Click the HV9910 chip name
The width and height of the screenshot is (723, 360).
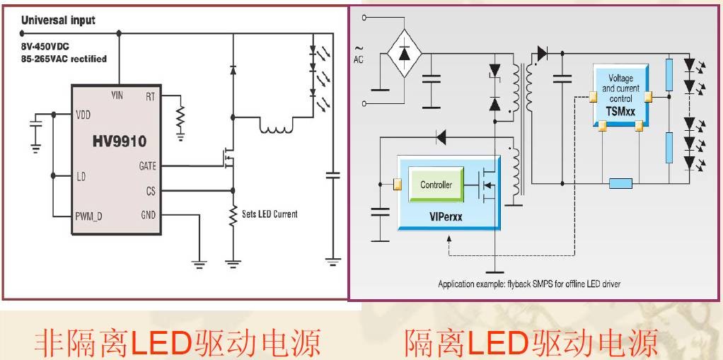tap(119, 141)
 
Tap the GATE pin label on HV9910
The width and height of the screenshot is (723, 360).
tap(148, 166)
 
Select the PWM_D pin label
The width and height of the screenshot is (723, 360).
tap(89, 216)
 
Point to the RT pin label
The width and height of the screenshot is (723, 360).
tap(150, 96)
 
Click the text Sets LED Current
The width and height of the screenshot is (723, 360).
tap(270, 214)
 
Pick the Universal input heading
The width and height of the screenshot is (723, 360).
tap(58, 21)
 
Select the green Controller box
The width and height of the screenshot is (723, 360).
tap(436, 185)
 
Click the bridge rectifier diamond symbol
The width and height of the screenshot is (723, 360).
tap(403, 54)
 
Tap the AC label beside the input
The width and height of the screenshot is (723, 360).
tap(358, 59)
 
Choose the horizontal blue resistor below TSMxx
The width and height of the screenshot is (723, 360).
tap(620, 184)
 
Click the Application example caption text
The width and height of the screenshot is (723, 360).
tap(528, 284)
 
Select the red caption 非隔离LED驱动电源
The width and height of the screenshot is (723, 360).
tap(178, 342)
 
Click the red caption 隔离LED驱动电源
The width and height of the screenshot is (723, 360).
tap(531, 342)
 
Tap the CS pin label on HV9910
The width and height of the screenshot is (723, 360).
tap(150, 191)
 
